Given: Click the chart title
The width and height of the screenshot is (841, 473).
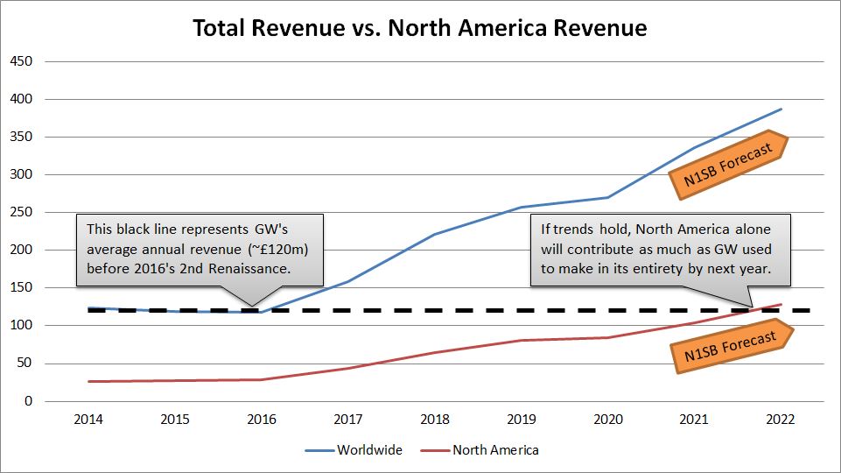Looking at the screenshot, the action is (420, 28).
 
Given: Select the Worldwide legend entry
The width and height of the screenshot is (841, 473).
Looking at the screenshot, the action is (354, 450).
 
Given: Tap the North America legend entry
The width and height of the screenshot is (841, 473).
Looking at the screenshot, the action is (480, 450).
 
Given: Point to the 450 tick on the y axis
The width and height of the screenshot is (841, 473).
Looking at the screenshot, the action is (21, 61).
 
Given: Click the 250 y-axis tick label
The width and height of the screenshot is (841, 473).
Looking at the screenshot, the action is (21, 212).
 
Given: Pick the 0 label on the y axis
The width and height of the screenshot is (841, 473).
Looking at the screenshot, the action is (28, 401).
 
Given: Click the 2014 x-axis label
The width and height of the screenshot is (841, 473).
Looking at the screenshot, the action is (88, 420).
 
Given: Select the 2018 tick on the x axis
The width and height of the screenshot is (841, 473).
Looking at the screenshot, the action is (435, 420).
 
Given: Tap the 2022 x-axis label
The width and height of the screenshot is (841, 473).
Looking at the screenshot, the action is (781, 420).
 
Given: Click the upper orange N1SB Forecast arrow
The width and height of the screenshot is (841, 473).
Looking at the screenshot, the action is (728, 165).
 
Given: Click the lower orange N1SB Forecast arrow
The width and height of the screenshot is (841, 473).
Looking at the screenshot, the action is (732, 346).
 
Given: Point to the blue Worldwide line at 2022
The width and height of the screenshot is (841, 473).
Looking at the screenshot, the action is (781, 109).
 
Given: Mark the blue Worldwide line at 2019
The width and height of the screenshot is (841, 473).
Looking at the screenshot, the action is (522, 208).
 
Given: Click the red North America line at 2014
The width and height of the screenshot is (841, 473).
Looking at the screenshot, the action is (88, 381).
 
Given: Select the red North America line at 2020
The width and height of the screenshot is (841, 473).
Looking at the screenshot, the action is (608, 338).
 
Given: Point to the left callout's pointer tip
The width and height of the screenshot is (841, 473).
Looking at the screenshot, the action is (252, 307).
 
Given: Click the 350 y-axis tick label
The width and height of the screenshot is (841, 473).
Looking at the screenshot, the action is (21, 137).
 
